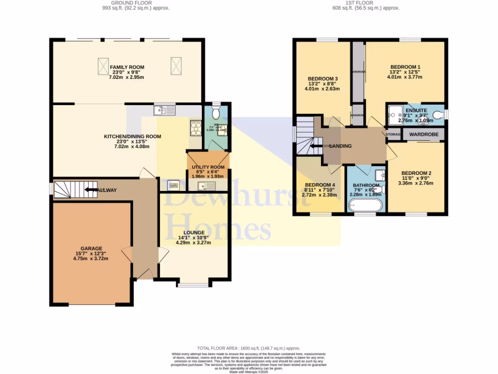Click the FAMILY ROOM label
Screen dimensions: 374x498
click(x=127, y=67)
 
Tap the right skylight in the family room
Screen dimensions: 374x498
click(x=176, y=65)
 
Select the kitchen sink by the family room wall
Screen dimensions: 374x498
click(x=164, y=110)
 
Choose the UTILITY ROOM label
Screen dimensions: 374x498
click(x=207, y=167)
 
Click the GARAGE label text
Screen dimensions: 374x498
click(x=91, y=248)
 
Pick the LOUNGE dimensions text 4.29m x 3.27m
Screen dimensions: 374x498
click(x=194, y=242)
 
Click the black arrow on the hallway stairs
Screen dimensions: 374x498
click(x=91, y=189)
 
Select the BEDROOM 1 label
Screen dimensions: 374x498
click(x=405, y=67)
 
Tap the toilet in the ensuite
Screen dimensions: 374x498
click(x=439, y=114)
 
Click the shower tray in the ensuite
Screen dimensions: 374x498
click(x=394, y=115)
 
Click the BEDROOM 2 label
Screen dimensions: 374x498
click(x=416, y=173)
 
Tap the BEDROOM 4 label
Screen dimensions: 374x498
click(x=320, y=185)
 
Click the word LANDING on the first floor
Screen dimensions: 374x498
click(x=340, y=146)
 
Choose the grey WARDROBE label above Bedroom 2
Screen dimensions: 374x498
click(x=424, y=134)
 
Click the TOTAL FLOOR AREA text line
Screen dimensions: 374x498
click(x=248, y=349)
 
